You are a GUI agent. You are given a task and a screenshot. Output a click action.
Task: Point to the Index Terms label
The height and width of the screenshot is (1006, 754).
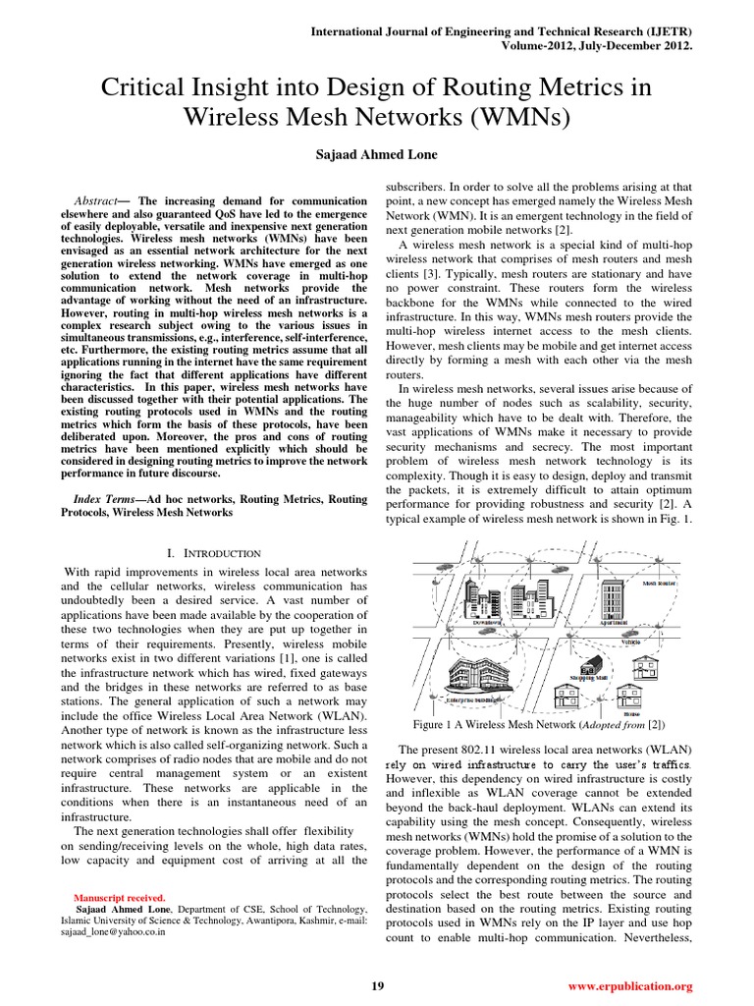[106, 499]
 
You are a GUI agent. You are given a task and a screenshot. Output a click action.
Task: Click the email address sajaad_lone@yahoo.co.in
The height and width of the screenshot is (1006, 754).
[104, 932]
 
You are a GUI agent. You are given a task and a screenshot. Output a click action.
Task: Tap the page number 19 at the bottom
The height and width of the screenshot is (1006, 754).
[377, 985]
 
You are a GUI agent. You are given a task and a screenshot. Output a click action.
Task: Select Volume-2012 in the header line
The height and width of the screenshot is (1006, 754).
[536, 45]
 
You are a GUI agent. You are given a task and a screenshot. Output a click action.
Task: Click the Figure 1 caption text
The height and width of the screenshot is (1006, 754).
[548, 725]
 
